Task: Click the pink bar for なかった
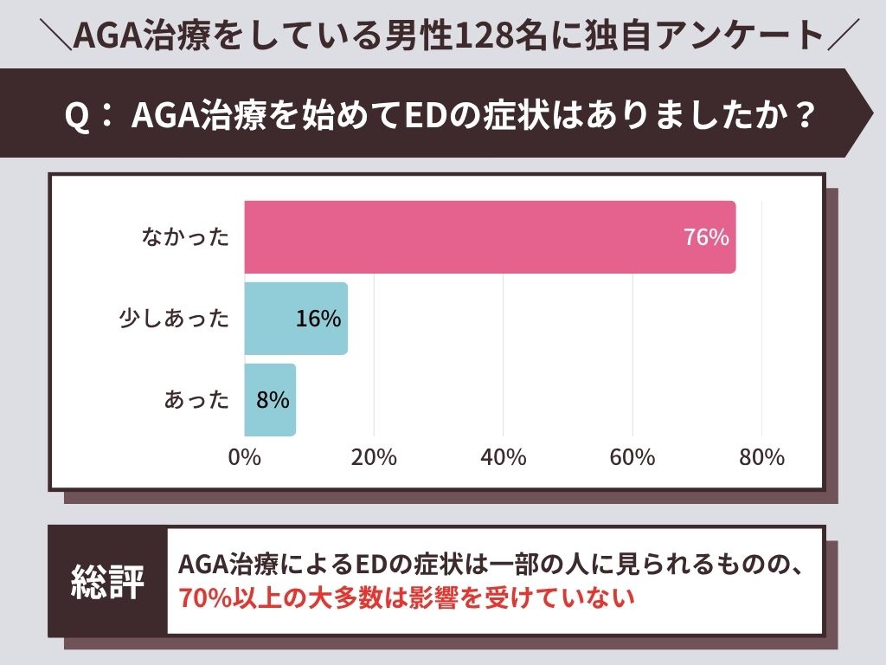coord(490,237)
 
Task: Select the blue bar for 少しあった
coord(296,319)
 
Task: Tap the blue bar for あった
coord(270,400)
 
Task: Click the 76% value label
coord(706,237)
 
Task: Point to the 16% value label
coord(318,319)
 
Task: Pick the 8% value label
coord(272,400)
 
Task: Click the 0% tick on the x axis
coord(244,457)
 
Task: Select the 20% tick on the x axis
coord(374,457)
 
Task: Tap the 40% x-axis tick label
coord(503,457)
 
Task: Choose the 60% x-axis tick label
coord(632,457)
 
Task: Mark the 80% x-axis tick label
coord(761,457)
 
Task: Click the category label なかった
coord(186,237)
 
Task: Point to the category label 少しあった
coord(174,319)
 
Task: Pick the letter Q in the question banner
coord(78,115)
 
